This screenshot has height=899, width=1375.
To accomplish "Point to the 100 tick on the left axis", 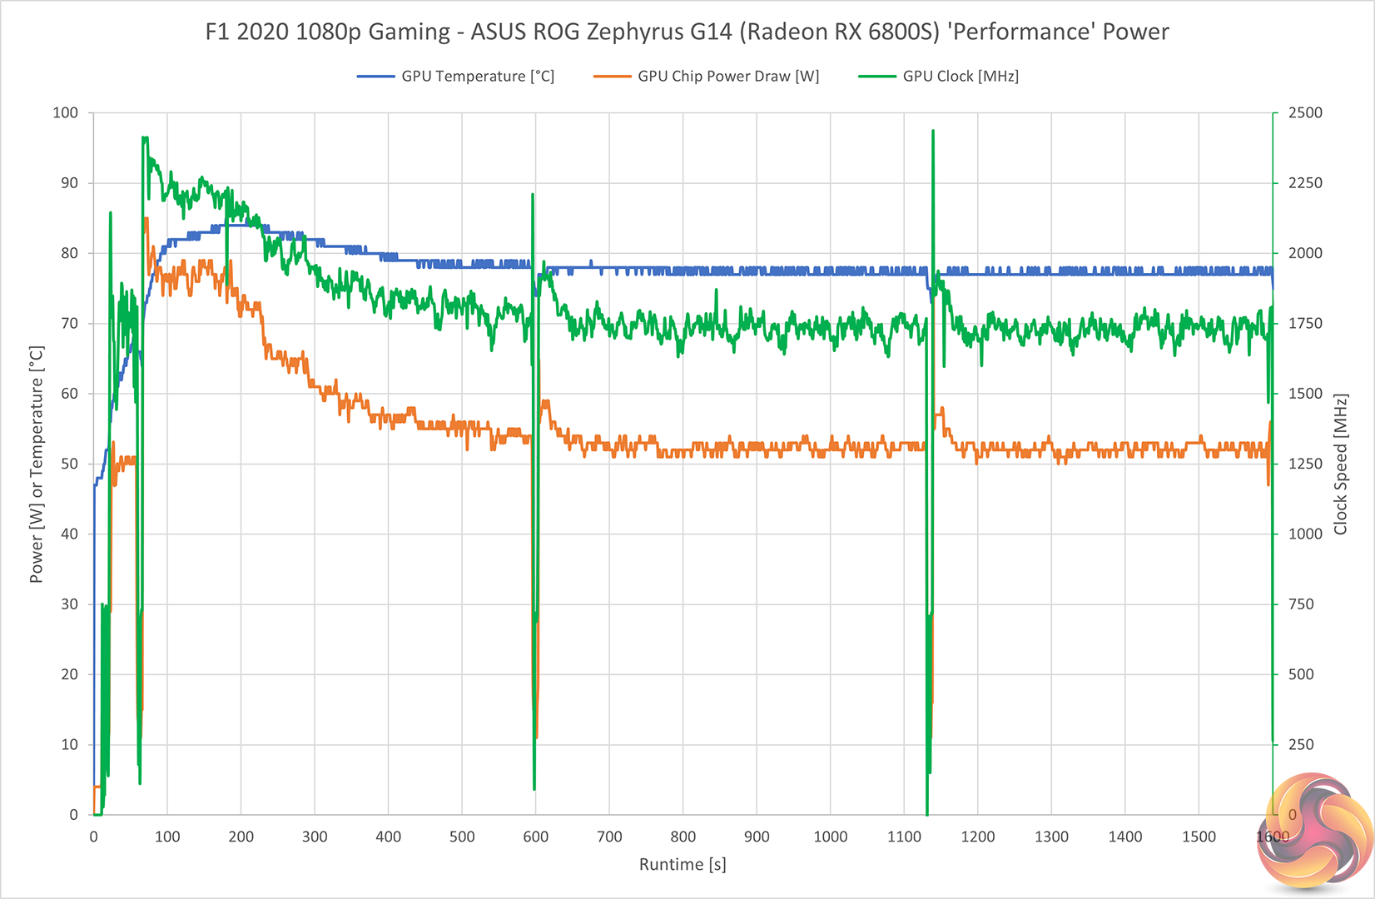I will pyautogui.click(x=65, y=112).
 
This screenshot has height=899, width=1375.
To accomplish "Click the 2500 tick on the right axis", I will pyautogui.click(x=1305, y=112).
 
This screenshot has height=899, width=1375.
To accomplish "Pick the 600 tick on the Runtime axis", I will pyautogui.click(x=536, y=837).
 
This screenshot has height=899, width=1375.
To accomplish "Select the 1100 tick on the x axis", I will pyautogui.click(x=904, y=837).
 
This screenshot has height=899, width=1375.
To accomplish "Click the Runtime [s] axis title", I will pyautogui.click(x=683, y=865).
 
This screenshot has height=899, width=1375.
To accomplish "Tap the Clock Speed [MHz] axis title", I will pyautogui.click(x=1340, y=464).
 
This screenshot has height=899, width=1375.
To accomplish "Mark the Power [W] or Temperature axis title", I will pyautogui.click(x=37, y=464).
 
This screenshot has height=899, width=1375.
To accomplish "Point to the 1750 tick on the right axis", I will pyautogui.click(x=1305, y=323).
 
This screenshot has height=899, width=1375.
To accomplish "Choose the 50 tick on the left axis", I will pyautogui.click(x=69, y=464).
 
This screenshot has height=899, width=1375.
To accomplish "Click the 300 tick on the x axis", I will pyautogui.click(x=315, y=837).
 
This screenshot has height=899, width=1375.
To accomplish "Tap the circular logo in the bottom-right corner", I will pyautogui.click(x=1315, y=832).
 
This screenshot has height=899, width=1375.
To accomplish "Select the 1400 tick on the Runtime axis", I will pyautogui.click(x=1125, y=837).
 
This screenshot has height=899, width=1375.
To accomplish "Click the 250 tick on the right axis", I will pyautogui.click(x=1301, y=744).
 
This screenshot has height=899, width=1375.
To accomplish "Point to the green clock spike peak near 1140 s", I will pyautogui.click(x=933, y=132).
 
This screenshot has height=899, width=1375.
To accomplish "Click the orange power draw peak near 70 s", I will pyautogui.click(x=146, y=219).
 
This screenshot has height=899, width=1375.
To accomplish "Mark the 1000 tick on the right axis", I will pyautogui.click(x=1305, y=534).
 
